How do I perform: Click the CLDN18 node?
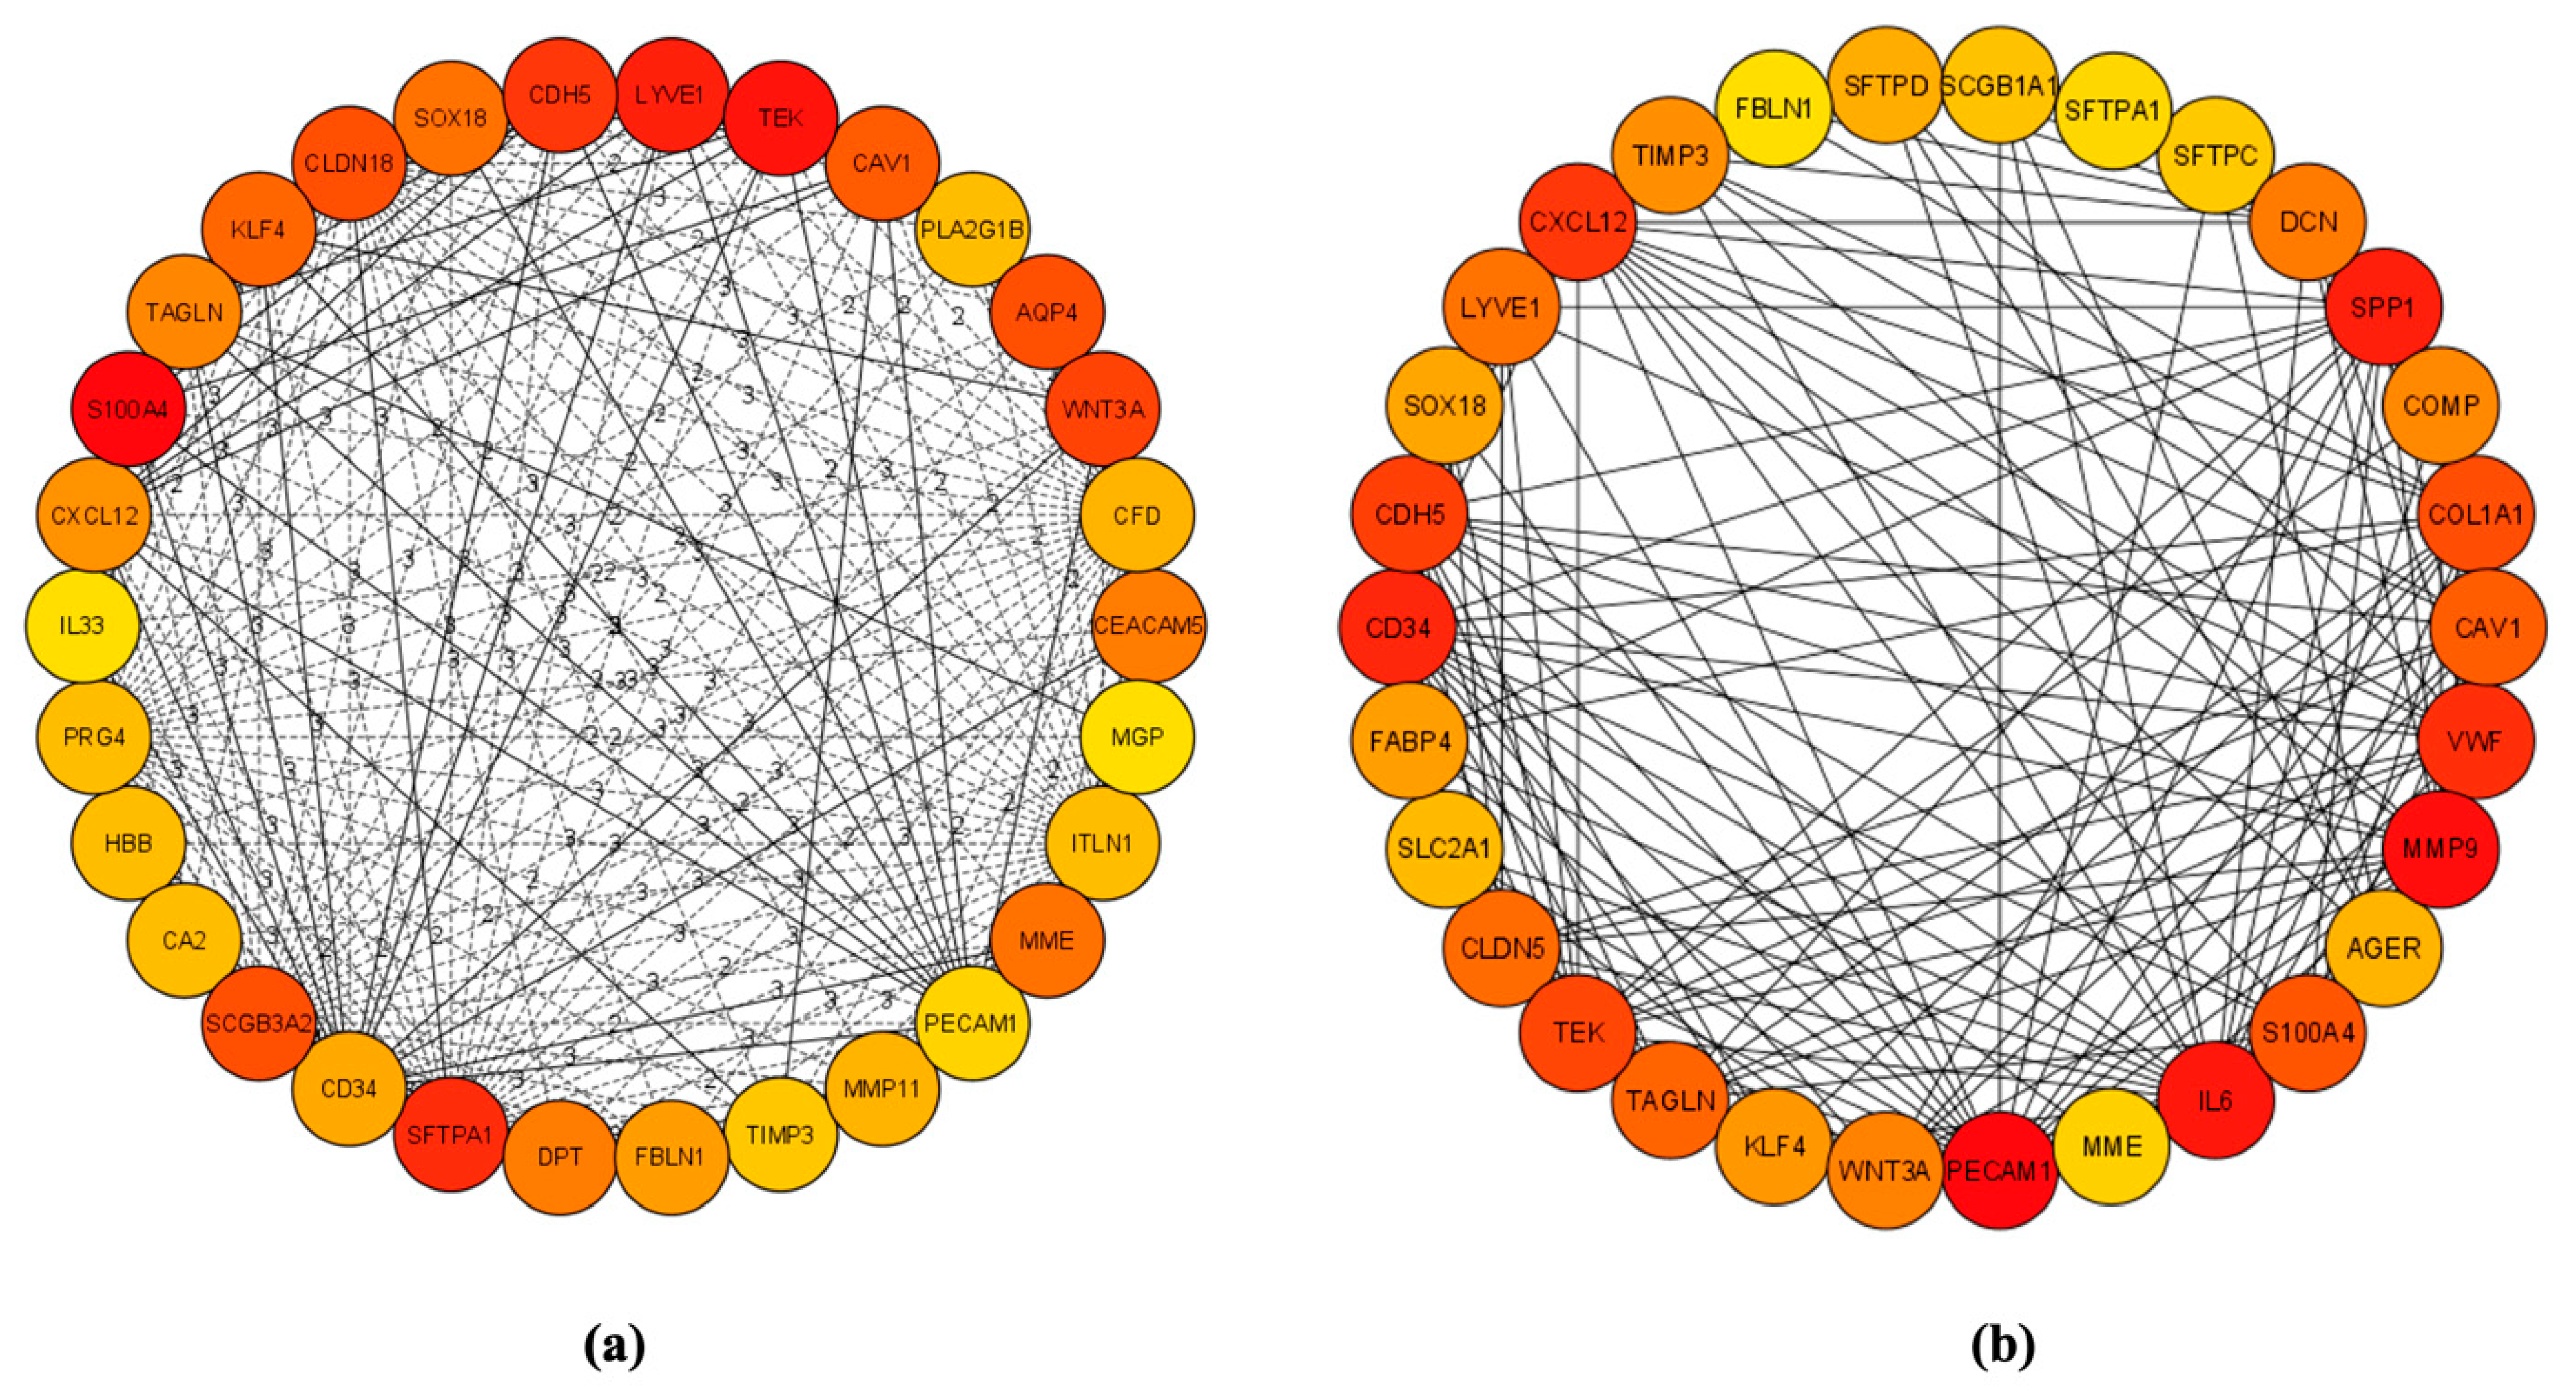tap(348, 162)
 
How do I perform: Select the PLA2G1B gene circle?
tap(972, 229)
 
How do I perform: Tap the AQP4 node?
tap(1047, 312)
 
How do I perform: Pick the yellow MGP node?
tap(1136, 737)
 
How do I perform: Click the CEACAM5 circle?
tap(1148, 626)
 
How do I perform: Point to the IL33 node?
tap(82, 626)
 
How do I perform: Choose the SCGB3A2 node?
tap(259, 1023)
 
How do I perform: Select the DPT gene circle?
tap(559, 1156)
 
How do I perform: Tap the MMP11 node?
tap(882, 1088)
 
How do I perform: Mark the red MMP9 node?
tap(2439, 849)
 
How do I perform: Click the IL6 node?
tap(2215, 1101)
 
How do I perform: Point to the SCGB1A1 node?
tap(1999, 86)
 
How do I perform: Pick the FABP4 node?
tap(1410, 741)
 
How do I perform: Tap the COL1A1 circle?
tap(2475, 515)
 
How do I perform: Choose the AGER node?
tap(2384, 947)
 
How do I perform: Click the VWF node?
tap(2475, 741)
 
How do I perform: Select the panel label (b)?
tap(2003, 1346)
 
